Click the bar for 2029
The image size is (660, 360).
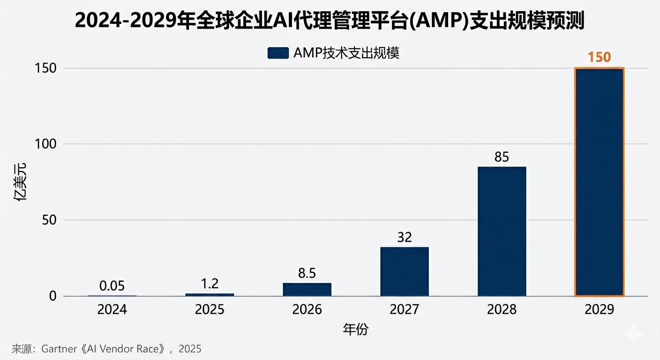click(599, 182)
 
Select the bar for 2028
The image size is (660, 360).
click(502, 231)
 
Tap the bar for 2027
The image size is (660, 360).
click(404, 271)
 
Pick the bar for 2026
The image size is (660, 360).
click(307, 289)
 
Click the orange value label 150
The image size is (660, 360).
click(599, 57)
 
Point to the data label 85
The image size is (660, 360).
click(502, 157)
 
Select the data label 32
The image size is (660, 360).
click(404, 237)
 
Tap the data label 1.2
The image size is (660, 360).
click(210, 284)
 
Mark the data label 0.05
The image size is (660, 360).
click(112, 285)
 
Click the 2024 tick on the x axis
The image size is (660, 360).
click(112, 310)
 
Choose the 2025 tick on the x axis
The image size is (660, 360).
click(210, 310)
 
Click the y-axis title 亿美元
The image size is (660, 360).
click(20, 182)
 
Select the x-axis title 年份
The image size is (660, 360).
click(356, 330)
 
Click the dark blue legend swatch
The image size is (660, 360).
click(277, 53)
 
